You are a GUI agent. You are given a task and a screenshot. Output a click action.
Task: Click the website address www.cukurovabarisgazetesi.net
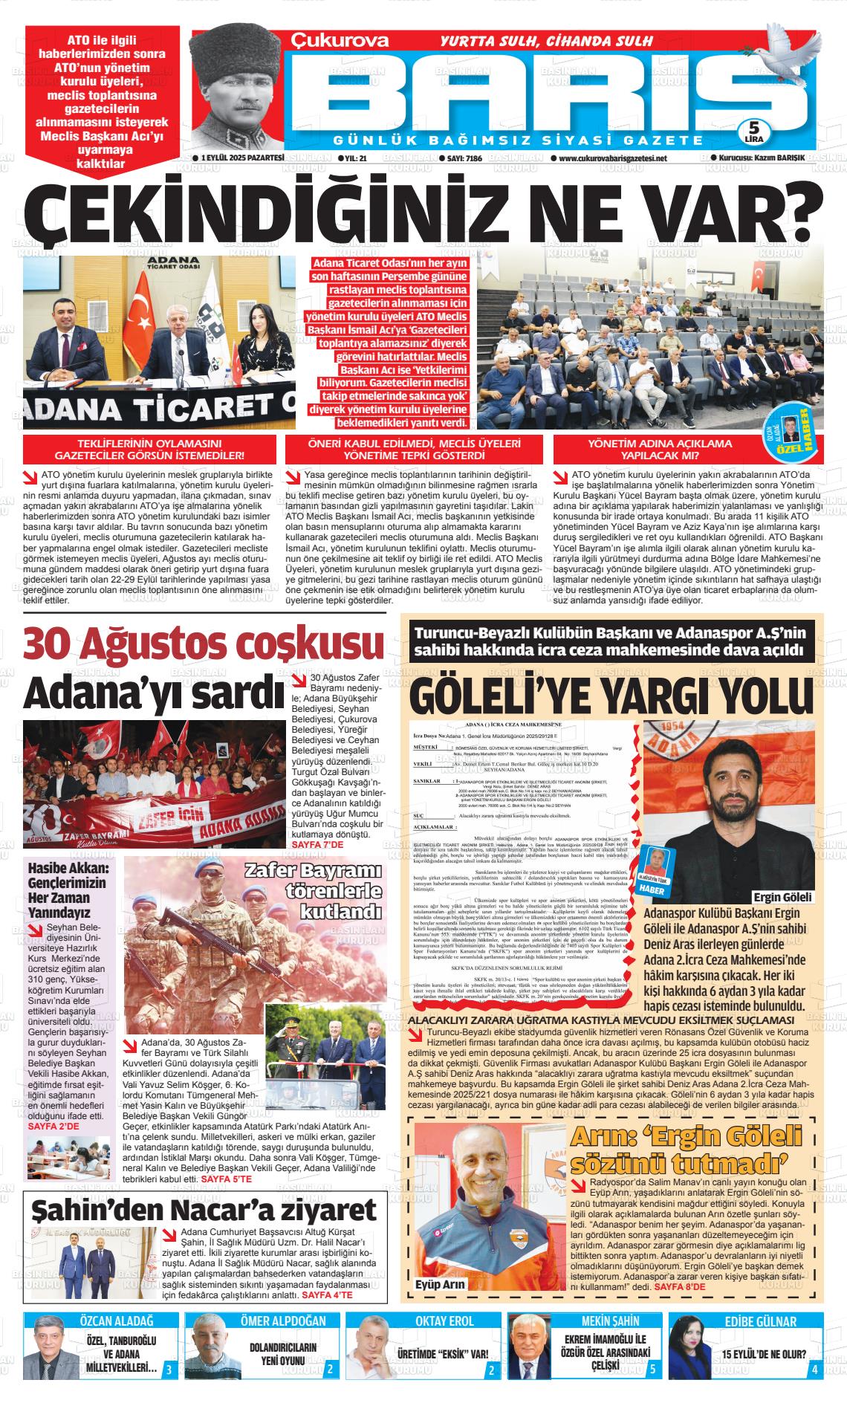point(613,158)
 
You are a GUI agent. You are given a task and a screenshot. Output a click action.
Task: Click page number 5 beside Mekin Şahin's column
point(652,1369)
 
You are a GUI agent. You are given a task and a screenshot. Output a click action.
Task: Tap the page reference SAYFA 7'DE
point(317,845)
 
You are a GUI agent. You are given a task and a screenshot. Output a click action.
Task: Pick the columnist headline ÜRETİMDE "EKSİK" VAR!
point(442,1352)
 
